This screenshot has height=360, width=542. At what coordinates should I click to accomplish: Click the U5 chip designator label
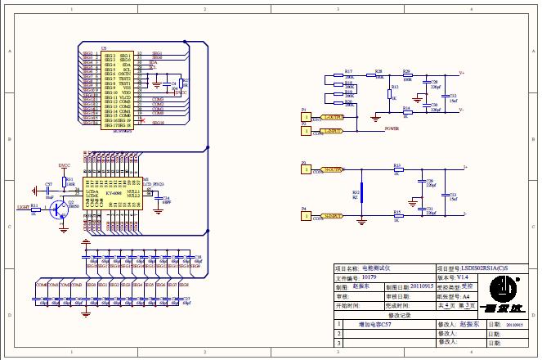[104, 49]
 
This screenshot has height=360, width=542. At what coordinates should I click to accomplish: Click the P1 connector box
[307, 117]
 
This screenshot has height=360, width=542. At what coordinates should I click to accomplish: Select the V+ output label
[462, 73]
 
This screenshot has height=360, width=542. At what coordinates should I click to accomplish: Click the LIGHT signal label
[23, 208]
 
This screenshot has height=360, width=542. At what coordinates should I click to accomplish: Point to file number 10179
[369, 277]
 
